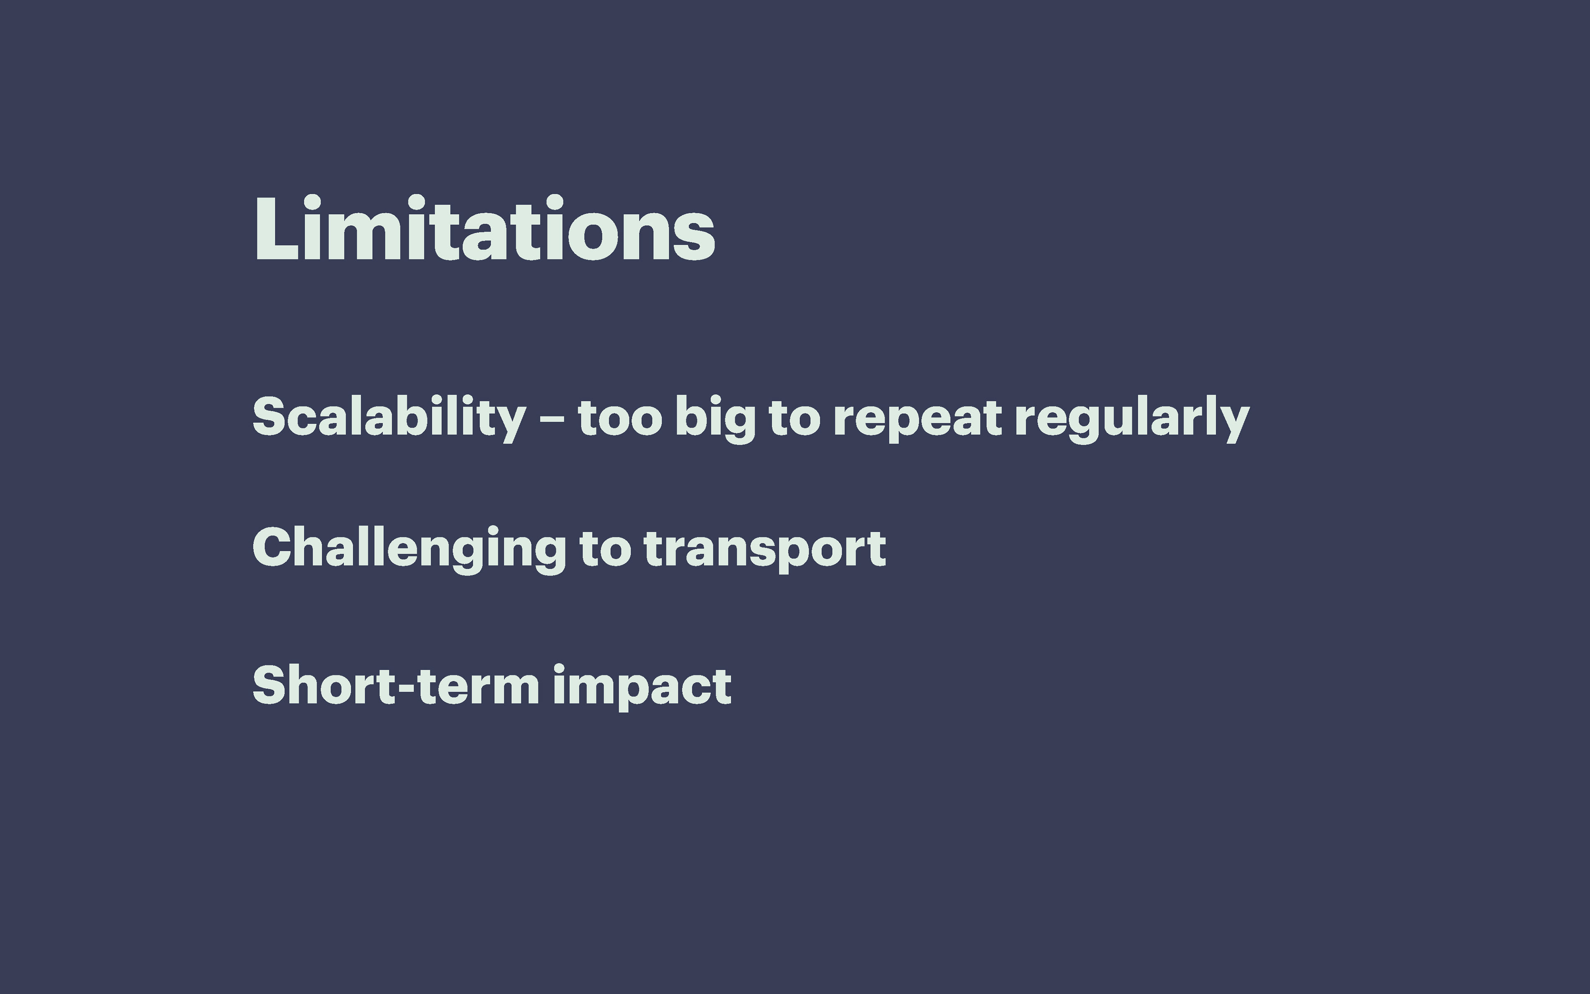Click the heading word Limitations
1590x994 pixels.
tap(484, 228)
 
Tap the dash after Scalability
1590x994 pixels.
tap(552, 418)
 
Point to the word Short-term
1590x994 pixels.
tap(395, 685)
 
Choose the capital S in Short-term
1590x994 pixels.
tap(271, 685)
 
